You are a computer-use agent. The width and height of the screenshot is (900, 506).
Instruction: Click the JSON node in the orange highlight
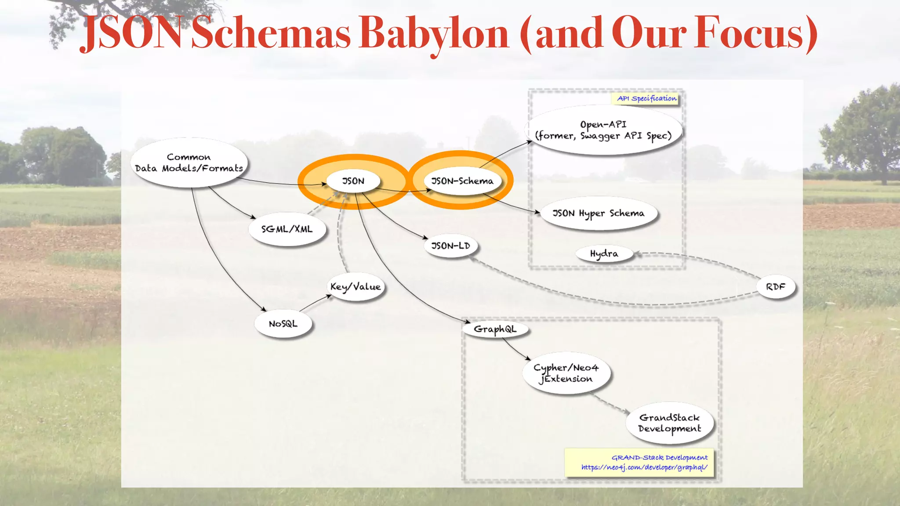353,181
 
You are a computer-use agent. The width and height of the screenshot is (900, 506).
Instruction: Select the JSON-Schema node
462,181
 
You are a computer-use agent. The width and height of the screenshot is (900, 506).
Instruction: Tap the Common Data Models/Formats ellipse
189,163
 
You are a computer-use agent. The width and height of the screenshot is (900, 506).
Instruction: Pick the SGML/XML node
287,229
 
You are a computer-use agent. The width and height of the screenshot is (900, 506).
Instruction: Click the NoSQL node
283,324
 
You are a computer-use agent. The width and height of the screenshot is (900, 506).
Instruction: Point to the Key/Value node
356,287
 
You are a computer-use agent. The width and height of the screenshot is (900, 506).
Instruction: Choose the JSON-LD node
450,246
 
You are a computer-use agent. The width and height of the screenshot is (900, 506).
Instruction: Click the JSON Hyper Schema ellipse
598,213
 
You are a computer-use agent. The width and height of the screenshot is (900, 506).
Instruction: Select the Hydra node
604,254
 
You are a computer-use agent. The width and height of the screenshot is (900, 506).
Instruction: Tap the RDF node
775,287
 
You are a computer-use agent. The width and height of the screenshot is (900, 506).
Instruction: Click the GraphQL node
495,329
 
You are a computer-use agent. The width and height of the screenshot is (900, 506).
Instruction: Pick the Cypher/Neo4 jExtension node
566,373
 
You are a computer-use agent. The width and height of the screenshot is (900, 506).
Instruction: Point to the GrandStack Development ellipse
669,423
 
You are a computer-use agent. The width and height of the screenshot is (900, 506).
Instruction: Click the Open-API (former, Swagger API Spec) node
603,130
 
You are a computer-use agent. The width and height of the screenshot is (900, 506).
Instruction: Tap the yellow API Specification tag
646,98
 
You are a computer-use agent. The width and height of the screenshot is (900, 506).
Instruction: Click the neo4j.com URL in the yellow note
644,467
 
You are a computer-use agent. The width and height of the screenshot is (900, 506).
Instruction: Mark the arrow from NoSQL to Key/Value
316,304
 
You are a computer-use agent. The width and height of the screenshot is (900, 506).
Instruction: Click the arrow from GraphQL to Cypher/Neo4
517,350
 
